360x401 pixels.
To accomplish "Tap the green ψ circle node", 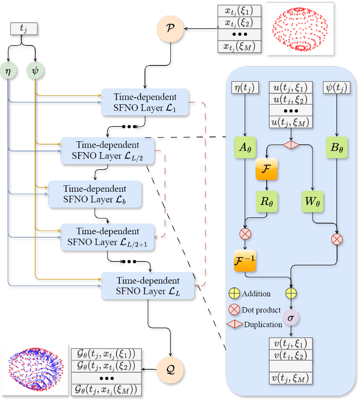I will [35, 70].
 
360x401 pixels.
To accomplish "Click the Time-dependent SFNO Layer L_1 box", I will [145, 102].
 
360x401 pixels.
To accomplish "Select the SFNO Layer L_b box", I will [95, 194].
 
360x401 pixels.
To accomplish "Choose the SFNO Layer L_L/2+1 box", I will [108, 236].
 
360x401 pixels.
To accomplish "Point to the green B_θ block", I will [336, 148].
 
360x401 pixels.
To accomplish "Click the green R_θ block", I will [266, 200].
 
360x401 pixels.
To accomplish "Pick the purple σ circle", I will [291, 318].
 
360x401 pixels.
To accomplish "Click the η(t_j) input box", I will [245, 88].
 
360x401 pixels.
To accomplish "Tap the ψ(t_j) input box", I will [337, 88].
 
